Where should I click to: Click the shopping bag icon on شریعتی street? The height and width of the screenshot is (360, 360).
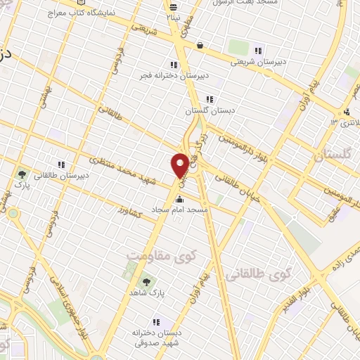[200, 45]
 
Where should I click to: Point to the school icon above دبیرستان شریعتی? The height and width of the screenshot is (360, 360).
[259, 51]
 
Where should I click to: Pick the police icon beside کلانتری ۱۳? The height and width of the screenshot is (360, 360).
[347, 112]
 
